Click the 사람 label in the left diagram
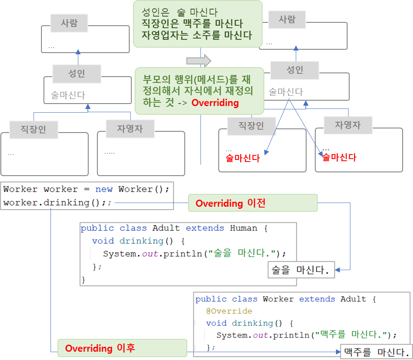[x=69, y=23]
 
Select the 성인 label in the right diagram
[x=295, y=70]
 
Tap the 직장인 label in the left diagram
[x=34, y=129]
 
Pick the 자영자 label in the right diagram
[x=348, y=125]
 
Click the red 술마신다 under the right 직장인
[x=243, y=158]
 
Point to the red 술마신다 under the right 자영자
[x=339, y=157]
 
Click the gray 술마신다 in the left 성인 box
[x=68, y=95]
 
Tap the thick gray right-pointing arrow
[x=199, y=61]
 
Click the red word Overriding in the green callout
[x=215, y=103]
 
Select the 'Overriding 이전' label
[x=230, y=203]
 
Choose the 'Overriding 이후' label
[x=100, y=348]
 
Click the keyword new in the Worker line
[x=104, y=189]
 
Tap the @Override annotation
[x=229, y=311]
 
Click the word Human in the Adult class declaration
[x=244, y=228]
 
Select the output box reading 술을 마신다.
[x=301, y=271]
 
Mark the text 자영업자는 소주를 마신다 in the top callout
[x=197, y=35]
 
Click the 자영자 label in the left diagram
[x=130, y=129]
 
